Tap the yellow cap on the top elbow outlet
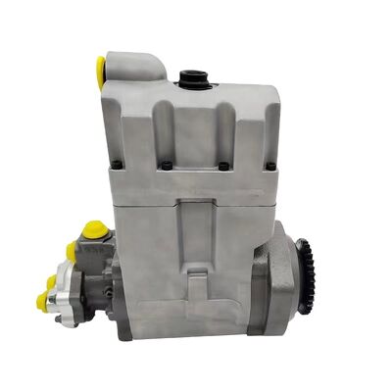click(x=100, y=70)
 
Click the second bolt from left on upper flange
click(x=166, y=165)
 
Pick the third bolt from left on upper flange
click(x=223, y=165)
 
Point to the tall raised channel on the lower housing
click(x=196, y=235)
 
